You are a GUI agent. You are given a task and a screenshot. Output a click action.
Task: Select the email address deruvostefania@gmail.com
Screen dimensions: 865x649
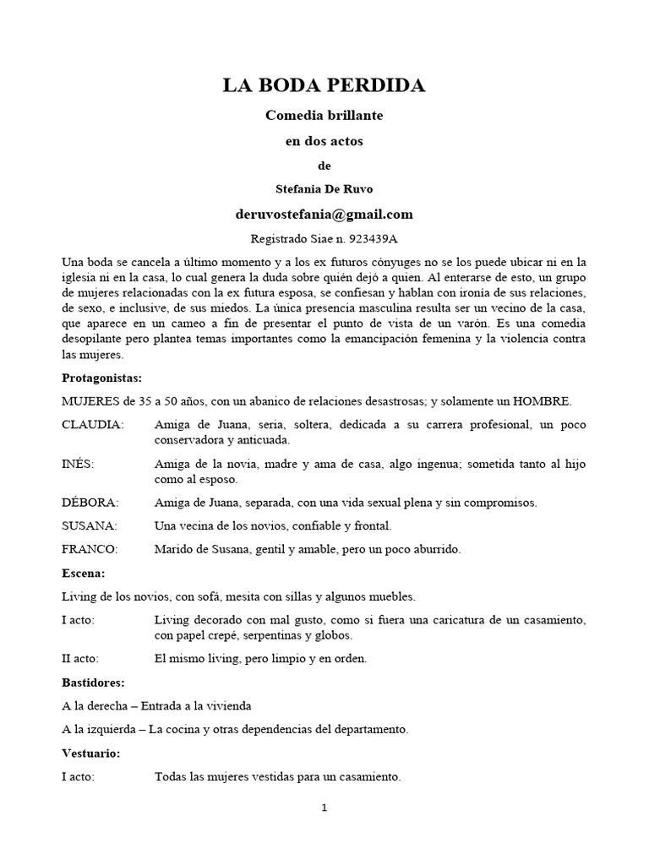coord(324,214)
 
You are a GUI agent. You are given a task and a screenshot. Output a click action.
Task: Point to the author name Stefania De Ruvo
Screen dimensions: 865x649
coord(324,189)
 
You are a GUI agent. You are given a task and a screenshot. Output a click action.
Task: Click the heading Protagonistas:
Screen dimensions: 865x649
coord(101,377)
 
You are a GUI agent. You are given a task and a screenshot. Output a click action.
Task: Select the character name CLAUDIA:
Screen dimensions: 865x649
coord(93,424)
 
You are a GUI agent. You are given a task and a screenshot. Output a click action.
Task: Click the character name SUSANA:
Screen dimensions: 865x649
coord(90,526)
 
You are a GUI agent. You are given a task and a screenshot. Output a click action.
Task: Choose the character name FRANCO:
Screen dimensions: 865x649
coord(90,549)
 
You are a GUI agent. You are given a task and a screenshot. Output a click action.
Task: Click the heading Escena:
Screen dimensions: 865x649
coord(84,573)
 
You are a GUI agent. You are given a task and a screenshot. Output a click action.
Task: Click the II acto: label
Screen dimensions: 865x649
coord(80,658)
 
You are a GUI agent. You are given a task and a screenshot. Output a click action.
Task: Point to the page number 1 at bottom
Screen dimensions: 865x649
coord(324,808)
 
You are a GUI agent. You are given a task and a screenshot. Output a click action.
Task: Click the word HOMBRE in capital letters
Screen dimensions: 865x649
coord(553,400)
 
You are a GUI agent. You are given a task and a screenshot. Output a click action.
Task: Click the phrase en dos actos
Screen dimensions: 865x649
coord(324,141)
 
